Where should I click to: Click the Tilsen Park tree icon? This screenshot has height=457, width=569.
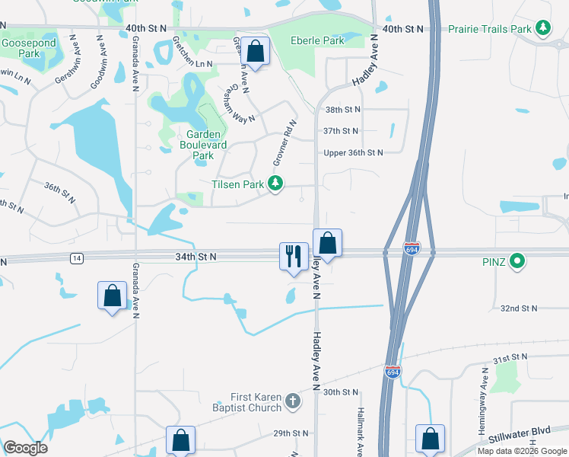pos(275,184)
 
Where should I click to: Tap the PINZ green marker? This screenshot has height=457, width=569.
pos(518,263)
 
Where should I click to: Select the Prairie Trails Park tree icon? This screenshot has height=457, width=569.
pos(542,29)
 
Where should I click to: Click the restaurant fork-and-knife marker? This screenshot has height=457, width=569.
pos(294,255)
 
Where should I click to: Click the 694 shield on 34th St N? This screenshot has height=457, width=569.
pos(411,249)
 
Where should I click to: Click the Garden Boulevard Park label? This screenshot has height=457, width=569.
pos(198,145)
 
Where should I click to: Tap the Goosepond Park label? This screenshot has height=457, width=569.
pos(28,49)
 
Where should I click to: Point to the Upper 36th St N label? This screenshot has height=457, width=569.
pos(352,152)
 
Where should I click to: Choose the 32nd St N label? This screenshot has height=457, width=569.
pos(519,308)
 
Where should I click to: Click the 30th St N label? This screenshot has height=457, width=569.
pos(340,392)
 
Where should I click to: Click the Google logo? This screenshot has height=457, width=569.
pos(25,448)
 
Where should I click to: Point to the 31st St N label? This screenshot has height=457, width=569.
pos(510,357)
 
